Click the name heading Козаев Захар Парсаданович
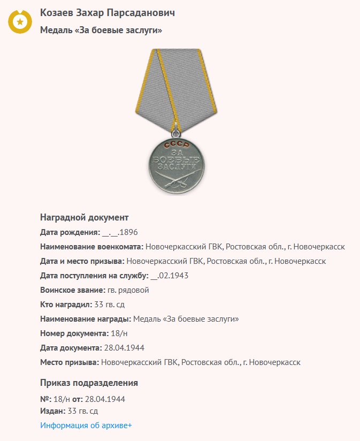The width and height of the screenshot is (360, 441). pyautogui.click(x=107, y=13)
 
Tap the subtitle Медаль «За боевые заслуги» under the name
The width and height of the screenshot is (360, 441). pyautogui.click(x=101, y=31)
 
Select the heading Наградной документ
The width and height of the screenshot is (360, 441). pyautogui.click(x=84, y=218)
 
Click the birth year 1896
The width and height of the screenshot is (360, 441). pyautogui.click(x=129, y=232)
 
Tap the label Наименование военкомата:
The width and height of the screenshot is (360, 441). pyautogui.click(x=91, y=247)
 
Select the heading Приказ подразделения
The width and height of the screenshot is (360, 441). pyautogui.click(x=89, y=383)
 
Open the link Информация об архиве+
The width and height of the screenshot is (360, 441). pyautogui.click(x=86, y=425)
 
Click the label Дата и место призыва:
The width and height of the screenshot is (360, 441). pyautogui.click(x=82, y=261)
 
